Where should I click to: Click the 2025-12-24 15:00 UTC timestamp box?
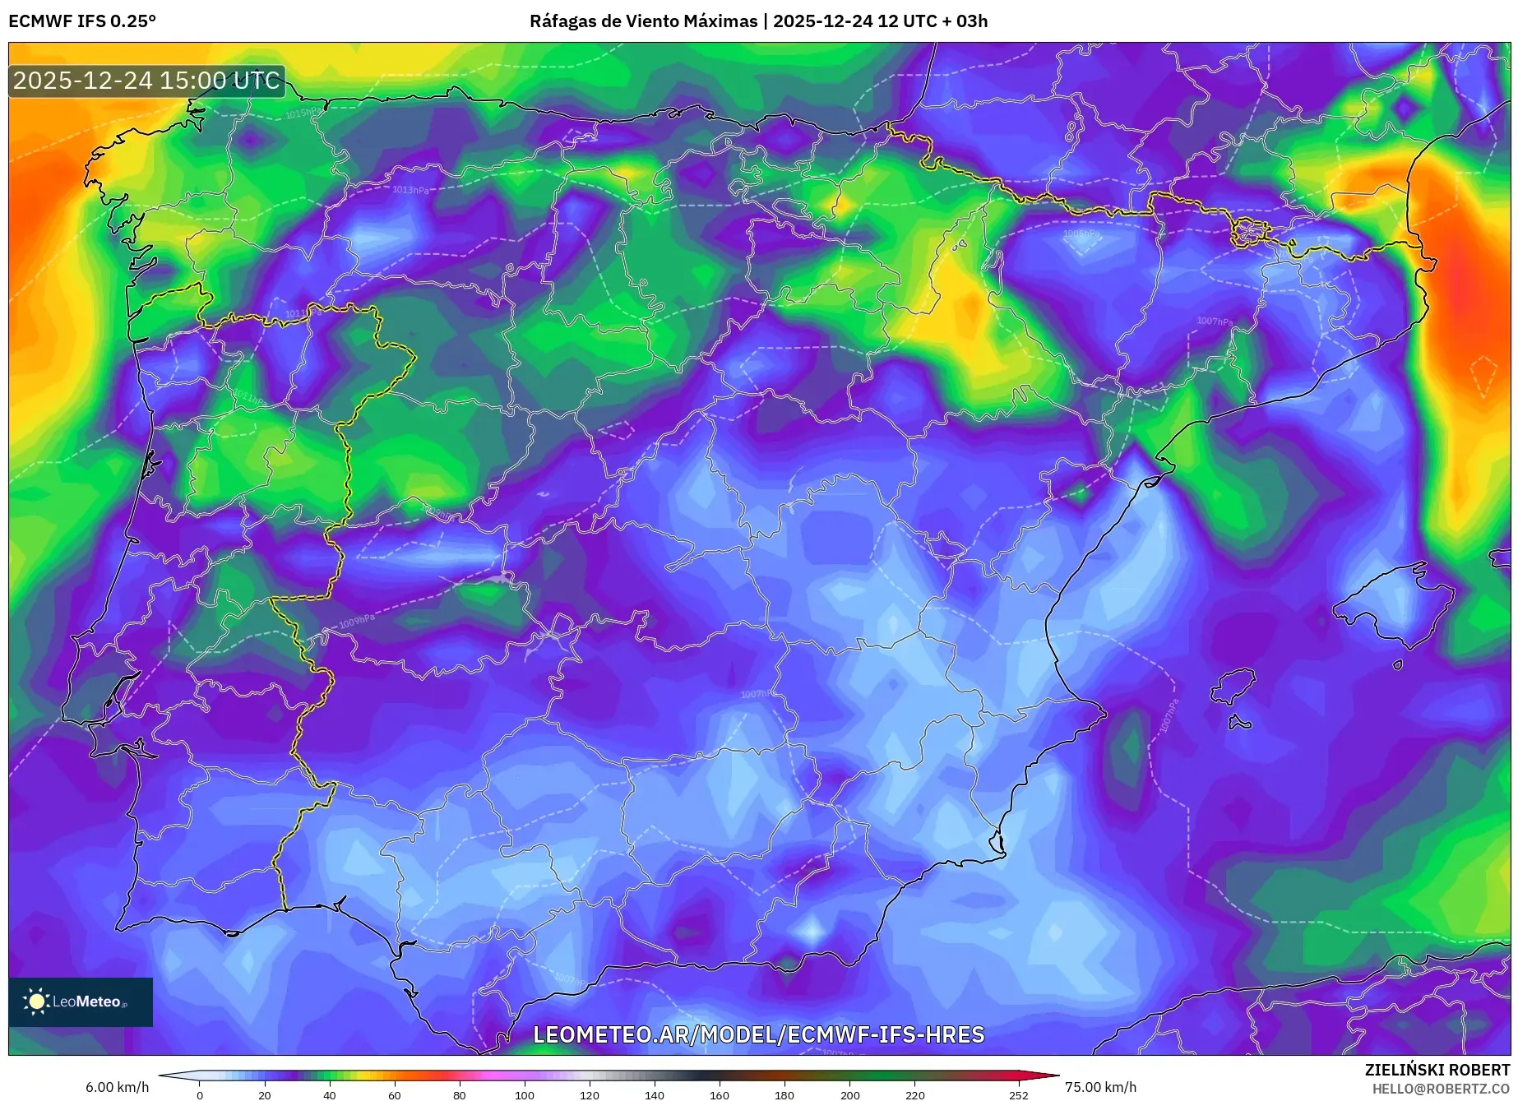coord(146,81)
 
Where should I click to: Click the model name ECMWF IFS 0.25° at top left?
coord(82,21)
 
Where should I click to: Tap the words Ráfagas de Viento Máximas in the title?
coord(643,21)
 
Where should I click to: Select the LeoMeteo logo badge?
coord(81,1002)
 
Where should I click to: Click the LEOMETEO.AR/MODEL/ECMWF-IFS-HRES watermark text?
coord(758,1034)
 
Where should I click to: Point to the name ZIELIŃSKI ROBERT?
coord(1437,1070)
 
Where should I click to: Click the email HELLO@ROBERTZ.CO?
coord(1440,1089)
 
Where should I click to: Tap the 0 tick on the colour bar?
coord(200,1094)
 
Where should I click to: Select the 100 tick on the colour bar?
coord(524,1094)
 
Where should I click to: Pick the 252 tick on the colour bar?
coord(1018,1094)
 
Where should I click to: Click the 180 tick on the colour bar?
coord(784,1094)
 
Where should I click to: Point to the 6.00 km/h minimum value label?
coord(117,1087)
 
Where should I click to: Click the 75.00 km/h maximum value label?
coord(1100,1087)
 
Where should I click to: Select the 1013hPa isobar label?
coord(410,190)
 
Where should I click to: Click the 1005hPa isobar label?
coord(1080,234)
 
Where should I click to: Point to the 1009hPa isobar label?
coord(357,622)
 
